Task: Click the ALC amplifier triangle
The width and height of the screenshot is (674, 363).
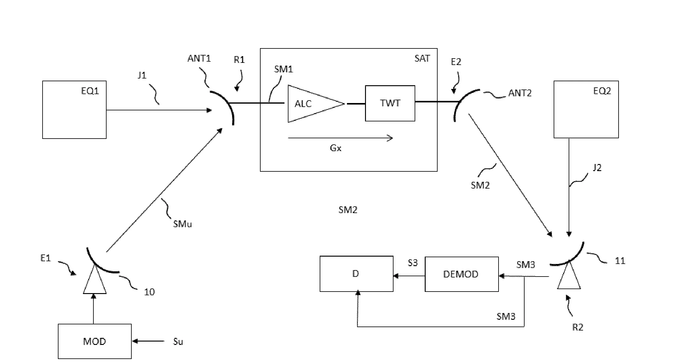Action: [x=309, y=104]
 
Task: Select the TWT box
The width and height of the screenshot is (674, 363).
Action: [x=390, y=103]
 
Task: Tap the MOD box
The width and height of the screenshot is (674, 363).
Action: [x=95, y=341]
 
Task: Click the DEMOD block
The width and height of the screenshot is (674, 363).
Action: [x=461, y=274]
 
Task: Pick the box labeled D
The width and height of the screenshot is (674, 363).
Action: [x=356, y=273]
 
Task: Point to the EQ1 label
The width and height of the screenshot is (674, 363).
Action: [x=90, y=91]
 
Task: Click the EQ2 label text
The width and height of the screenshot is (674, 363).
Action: [x=602, y=91]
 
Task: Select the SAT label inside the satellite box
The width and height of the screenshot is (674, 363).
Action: [x=422, y=58]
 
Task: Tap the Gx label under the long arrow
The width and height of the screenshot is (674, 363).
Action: [x=335, y=148]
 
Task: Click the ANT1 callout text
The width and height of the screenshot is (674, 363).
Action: [x=199, y=58]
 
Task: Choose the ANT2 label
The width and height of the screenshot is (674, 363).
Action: [x=520, y=93]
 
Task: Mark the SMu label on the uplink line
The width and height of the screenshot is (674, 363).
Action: [x=182, y=224]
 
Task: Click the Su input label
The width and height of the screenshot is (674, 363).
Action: [x=178, y=342]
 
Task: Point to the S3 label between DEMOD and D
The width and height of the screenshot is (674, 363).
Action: [x=412, y=263]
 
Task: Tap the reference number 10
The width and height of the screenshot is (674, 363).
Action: [x=149, y=292]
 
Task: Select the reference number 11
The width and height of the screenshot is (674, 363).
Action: [x=620, y=261]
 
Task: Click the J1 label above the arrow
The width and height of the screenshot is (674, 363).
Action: [x=142, y=75]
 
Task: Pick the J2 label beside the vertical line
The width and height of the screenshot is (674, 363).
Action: [x=597, y=167]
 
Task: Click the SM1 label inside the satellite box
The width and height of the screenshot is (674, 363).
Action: [x=283, y=69]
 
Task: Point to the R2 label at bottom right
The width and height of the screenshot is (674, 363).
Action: [x=578, y=327]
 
